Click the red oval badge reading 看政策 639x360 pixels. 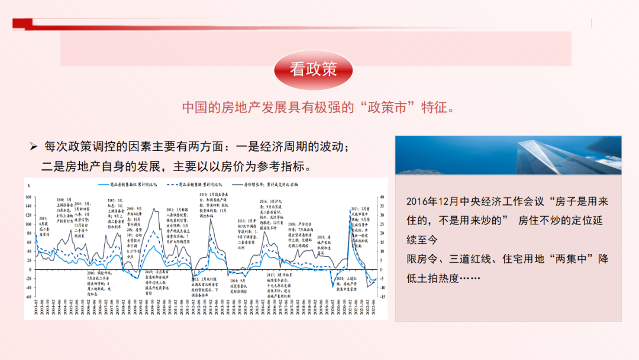(314, 70)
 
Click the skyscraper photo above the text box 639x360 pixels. (508, 155)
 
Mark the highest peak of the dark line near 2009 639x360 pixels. (154, 208)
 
